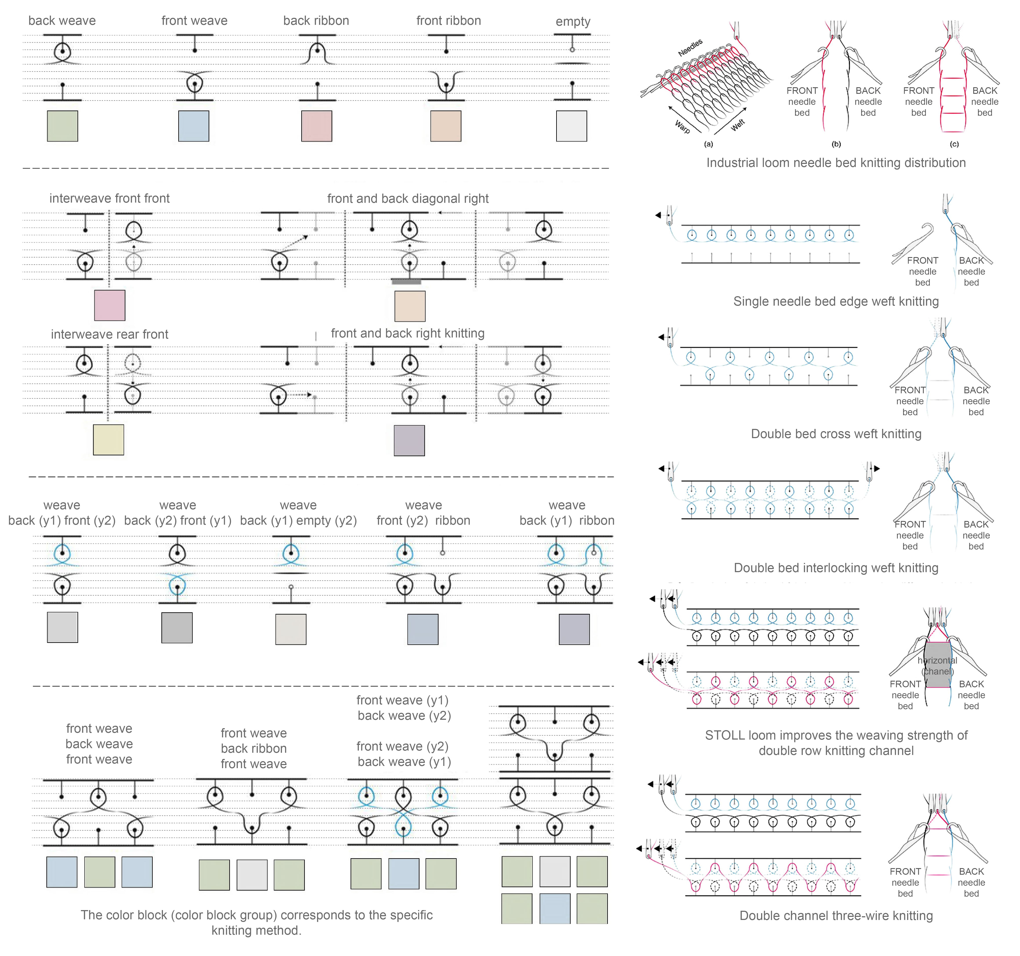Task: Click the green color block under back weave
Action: pos(63,126)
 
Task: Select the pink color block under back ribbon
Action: pos(317,126)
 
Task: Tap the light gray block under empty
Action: pos(572,126)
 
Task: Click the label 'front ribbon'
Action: pos(448,20)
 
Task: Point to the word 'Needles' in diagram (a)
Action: pos(690,48)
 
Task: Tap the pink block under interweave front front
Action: pos(110,305)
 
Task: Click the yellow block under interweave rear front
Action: pos(108,439)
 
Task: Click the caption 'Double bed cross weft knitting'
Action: pos(836,434)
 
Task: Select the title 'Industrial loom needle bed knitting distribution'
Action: pos(836,163)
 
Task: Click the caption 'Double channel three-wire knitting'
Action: pos(836,915)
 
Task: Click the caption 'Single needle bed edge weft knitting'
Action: pos(836,301)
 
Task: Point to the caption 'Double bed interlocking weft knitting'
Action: pos(836,568)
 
